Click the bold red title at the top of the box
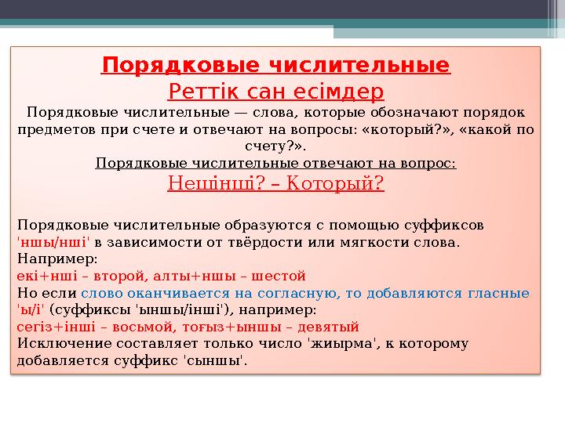tap(276, 63)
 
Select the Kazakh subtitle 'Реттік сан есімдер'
tap(276, 92)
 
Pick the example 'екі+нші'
tap(43, 276)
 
